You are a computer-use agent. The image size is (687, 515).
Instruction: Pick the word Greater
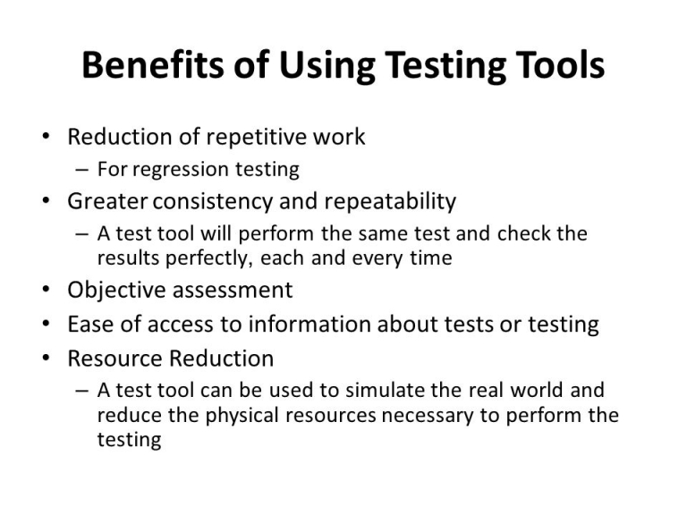(x=107, y=201)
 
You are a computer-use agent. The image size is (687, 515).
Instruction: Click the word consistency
(x=213, y=202)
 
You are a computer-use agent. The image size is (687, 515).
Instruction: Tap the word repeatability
(x=390, y=202)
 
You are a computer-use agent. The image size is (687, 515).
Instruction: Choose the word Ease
(x=90, y=325)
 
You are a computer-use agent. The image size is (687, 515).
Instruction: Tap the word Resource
(x=115, y=359)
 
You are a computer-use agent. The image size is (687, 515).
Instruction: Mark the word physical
(x=242, y=416)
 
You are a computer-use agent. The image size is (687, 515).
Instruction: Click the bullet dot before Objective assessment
(x=46, y=290)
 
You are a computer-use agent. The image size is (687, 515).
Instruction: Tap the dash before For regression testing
(x=82, y=170)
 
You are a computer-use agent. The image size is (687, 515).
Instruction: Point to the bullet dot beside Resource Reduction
(x=46, y=358)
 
